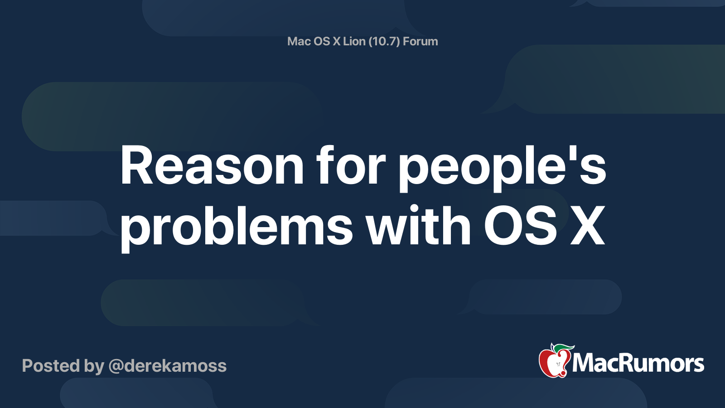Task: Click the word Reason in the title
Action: pos(212,166)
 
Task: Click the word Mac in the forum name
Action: pos(299,41)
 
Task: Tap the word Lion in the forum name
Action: pos(354,41)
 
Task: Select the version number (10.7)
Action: pos(384,41)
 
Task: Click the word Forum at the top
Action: pos(420,41)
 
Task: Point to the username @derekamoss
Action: pos(167,366)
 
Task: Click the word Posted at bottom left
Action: pos(51,366)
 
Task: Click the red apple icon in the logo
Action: pos(553,363)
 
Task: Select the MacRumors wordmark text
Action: pos(638,364)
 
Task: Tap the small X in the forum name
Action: pos(336,41)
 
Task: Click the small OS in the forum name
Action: pos(322,41)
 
